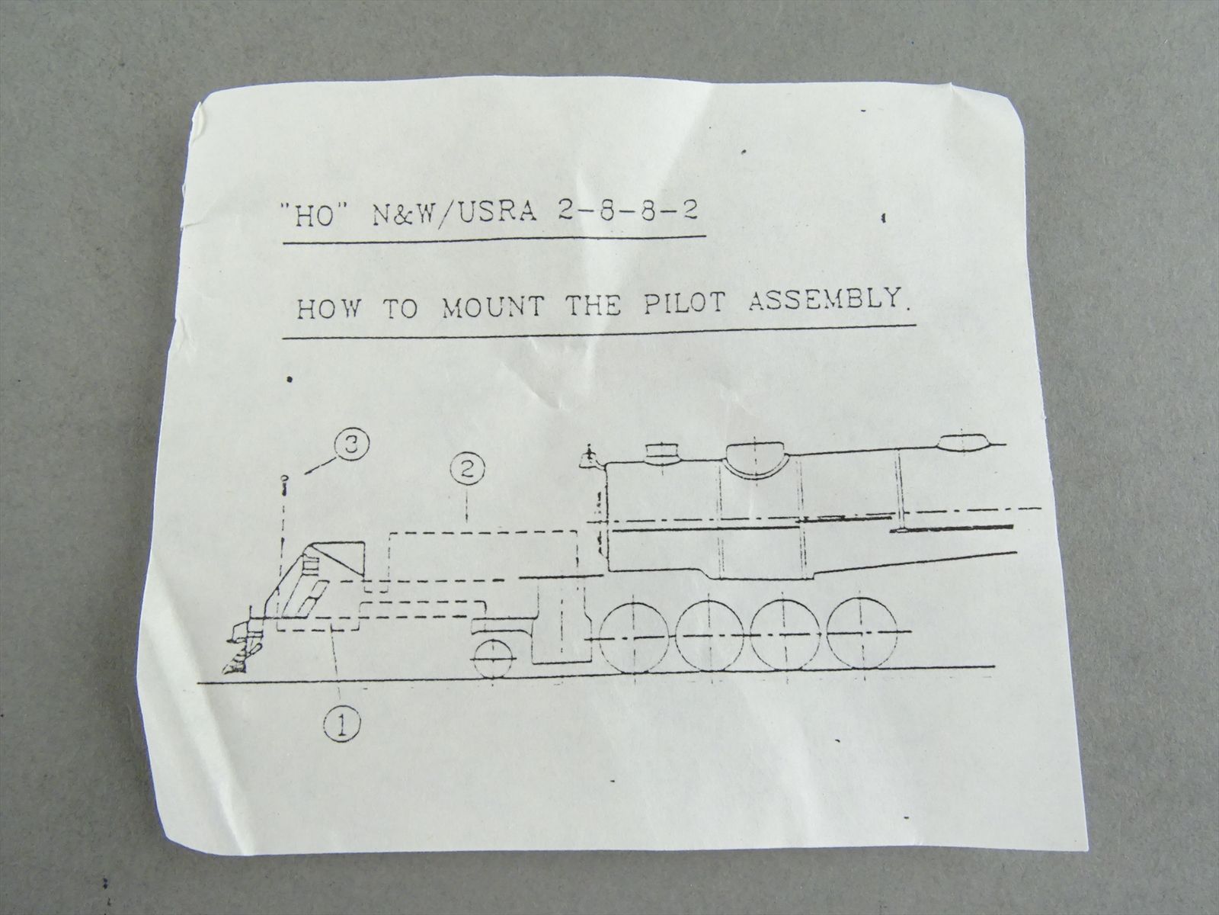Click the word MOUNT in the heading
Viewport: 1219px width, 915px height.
click(x=492, y=307)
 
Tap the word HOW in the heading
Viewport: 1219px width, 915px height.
click(x=328, y=308)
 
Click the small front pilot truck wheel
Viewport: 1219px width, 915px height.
click(x=493, y=660)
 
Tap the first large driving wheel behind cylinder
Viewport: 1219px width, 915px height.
click(x=634, y=637)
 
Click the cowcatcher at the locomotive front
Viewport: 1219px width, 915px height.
click(x=243, y=647)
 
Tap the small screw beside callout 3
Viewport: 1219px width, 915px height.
click(x=285, y=486)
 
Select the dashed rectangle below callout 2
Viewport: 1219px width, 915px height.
click(x=482, y=561)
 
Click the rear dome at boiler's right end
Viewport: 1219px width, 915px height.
click(x=962, y=441)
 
